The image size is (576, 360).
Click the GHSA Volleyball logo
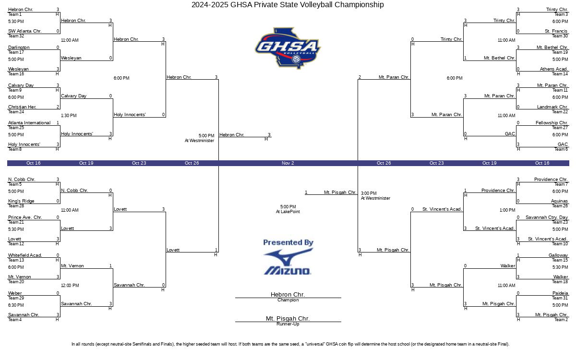(288, 48)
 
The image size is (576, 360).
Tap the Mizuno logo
(288, 262)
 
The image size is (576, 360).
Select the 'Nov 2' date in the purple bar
(288, 163)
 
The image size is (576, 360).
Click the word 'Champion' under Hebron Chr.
(288, 300)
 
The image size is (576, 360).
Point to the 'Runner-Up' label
(288, 324)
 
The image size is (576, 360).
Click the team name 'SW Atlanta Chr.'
(24, 31)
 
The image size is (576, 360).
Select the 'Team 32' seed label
(16, 36)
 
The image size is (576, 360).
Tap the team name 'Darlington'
(19, 48)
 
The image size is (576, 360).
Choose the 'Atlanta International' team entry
(29, 123)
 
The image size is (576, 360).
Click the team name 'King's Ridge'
(21, 201)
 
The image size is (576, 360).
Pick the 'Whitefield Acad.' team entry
(25, 255)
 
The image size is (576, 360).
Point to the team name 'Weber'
(15, 293)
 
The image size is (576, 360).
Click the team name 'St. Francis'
(556, 31)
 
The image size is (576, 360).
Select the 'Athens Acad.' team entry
(553, 69)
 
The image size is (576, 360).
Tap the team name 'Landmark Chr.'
(552, 107)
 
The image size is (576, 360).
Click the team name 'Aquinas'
(559, 201)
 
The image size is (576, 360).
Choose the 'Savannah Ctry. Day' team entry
(547, 217)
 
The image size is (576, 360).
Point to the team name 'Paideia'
(560, 293)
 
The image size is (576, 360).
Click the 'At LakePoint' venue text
(288, 212)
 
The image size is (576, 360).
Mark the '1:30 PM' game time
(69, 116)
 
